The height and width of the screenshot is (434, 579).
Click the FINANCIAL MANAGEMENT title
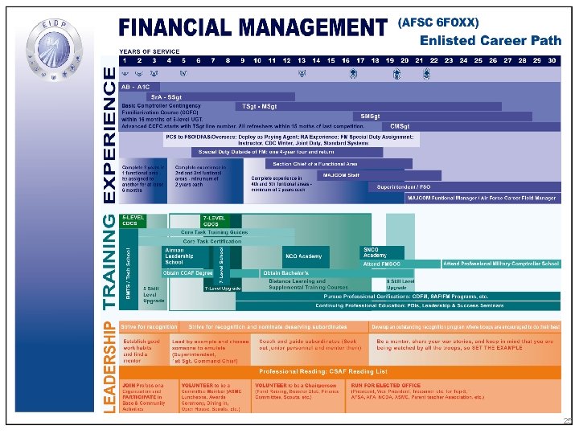point(253,27)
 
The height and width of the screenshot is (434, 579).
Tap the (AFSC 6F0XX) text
point(438,23)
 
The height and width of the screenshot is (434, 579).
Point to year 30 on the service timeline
point(552,60)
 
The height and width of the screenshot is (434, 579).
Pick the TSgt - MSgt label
point(259,106)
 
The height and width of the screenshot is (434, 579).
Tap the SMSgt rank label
point(371,116)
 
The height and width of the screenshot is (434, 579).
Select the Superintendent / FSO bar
point(404,186)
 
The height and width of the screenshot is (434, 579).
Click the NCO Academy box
point(302,256)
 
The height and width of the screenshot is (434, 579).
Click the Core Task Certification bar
point(212,241)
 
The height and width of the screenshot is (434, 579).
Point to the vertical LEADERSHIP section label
point(109,367)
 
